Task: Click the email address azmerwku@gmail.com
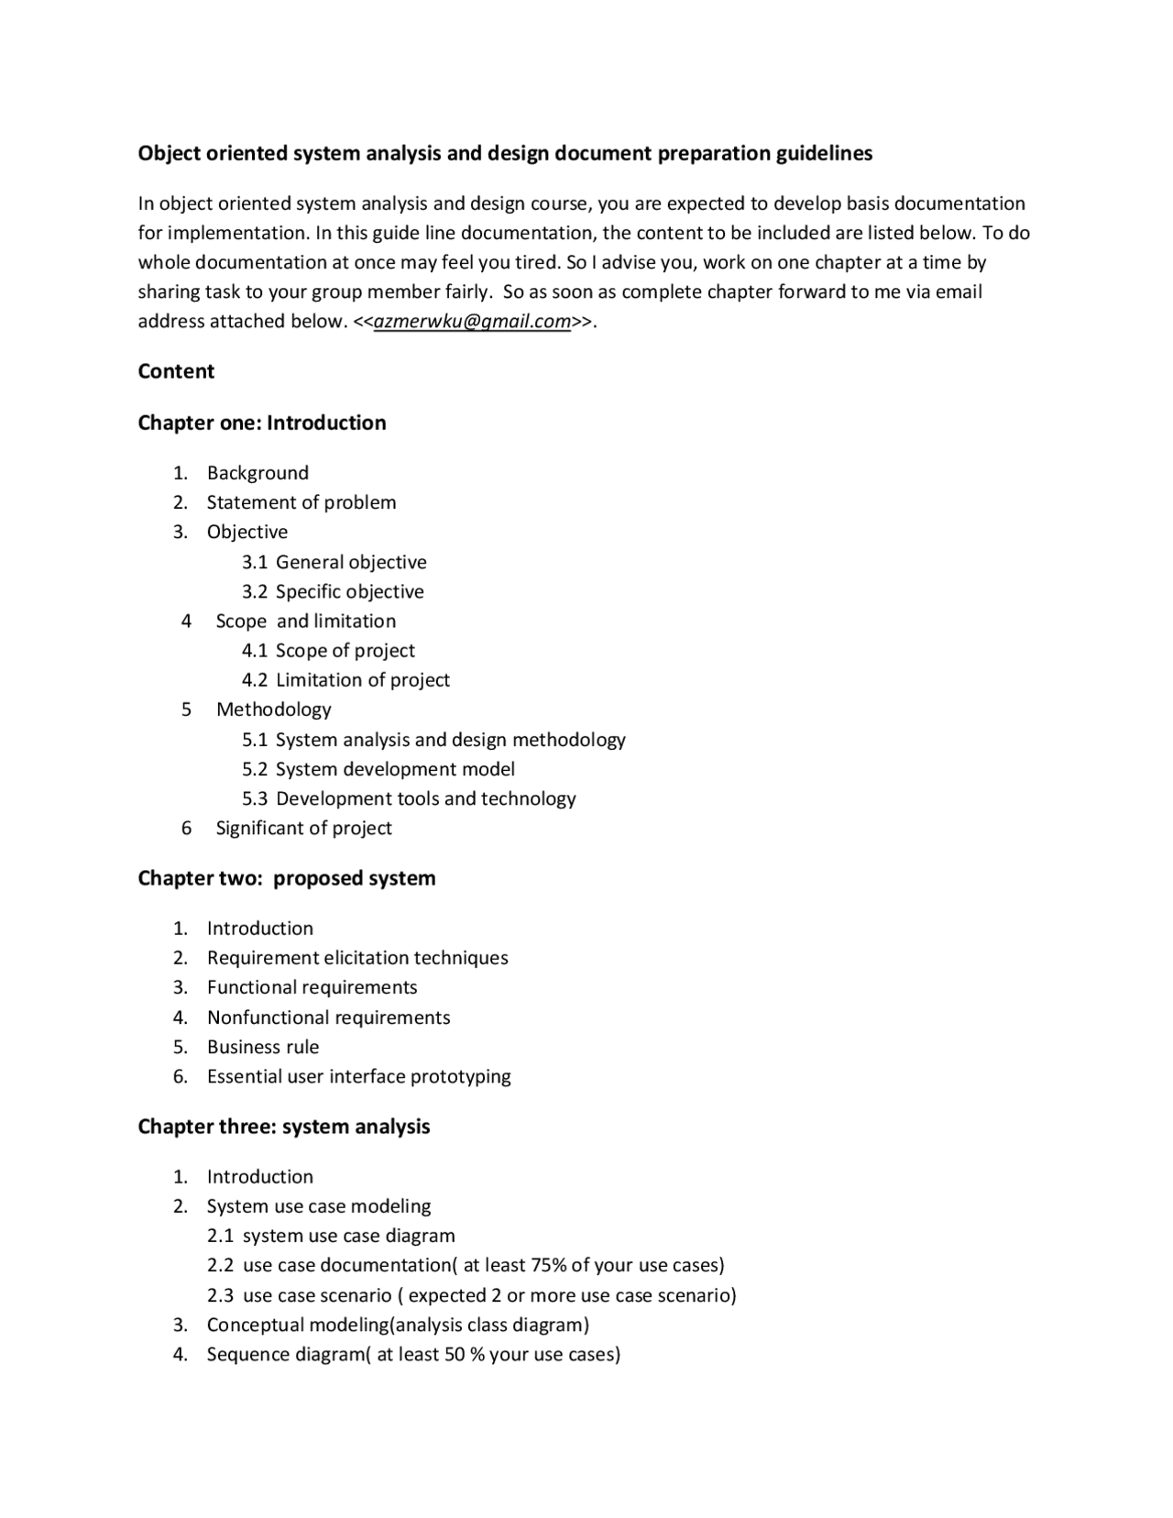[x=472, y=322]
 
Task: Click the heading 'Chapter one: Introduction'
[x=262, y=423]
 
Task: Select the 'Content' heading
[x=176, y=371]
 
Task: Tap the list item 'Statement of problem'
[x=301, y=502]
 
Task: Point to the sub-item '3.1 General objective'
[x=334, y=562]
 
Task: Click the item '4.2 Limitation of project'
[x=345, y=680]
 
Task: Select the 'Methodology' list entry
[x=273, y=709]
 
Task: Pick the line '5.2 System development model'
[x=378, y=769]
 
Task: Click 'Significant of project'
[x=303, y=828]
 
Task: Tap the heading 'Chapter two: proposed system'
[x=287, y=878]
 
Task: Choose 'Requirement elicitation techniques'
[x=357, y=958]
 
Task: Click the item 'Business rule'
[x=263, y=1047]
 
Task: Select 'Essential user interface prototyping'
[x=358, y=1076]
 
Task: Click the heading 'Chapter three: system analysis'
[x=284, y=1127]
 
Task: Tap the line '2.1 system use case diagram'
[x=331, y=1236]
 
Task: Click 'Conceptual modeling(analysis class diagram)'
[x=398, y=1325]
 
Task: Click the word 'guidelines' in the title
[x=824, y=153]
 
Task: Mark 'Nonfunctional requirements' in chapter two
[x=328, y=1017]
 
